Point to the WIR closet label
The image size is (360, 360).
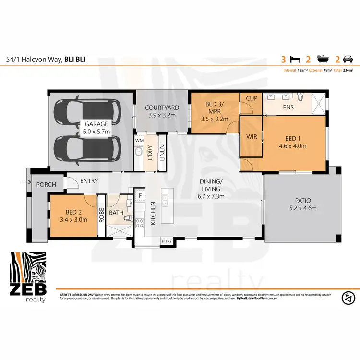(x=252, y=137)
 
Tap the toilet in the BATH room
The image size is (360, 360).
(x=127, y=218)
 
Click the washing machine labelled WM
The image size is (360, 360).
(x=140, y=140)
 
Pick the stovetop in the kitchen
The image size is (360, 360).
(x=140, y=223)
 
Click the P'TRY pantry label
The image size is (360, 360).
(x=167, y=241)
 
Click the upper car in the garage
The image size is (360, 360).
(x=87, y=110)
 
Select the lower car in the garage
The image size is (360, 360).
(x=87, y=147)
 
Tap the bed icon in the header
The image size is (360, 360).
(x=296, y=60)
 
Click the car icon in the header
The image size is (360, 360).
(x=348, y=60)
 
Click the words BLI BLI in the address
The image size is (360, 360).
(x=77, y=60)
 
